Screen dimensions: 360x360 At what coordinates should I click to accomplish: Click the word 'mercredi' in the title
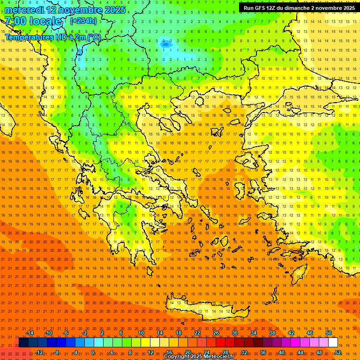click(x=25, y=10)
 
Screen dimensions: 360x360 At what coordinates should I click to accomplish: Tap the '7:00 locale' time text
click(x=33, y=21)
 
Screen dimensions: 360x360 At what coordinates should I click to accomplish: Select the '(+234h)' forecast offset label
click(x=83, y=21)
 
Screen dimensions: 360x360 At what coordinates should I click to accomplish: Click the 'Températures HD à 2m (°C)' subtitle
click(x=52, y=37)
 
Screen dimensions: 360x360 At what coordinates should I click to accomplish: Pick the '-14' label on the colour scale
click(x=30, y=333)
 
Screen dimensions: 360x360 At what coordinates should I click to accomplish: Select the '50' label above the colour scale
click(x=329, y=333)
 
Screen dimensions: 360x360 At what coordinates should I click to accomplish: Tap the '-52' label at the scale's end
click(x=337, y=352)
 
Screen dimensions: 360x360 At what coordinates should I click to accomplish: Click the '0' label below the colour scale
click(x=93, y=352)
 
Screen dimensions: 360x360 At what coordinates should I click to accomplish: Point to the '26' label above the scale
click(x=216, y=333)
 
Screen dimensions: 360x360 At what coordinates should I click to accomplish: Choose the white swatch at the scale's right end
click(x=333, y=343)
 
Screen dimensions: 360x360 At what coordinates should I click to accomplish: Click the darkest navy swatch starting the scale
click(x=23, y=343)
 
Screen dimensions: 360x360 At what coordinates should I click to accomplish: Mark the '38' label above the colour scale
click(x=272, y=333)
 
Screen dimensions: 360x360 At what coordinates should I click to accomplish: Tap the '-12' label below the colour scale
click(x=39, y=352)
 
